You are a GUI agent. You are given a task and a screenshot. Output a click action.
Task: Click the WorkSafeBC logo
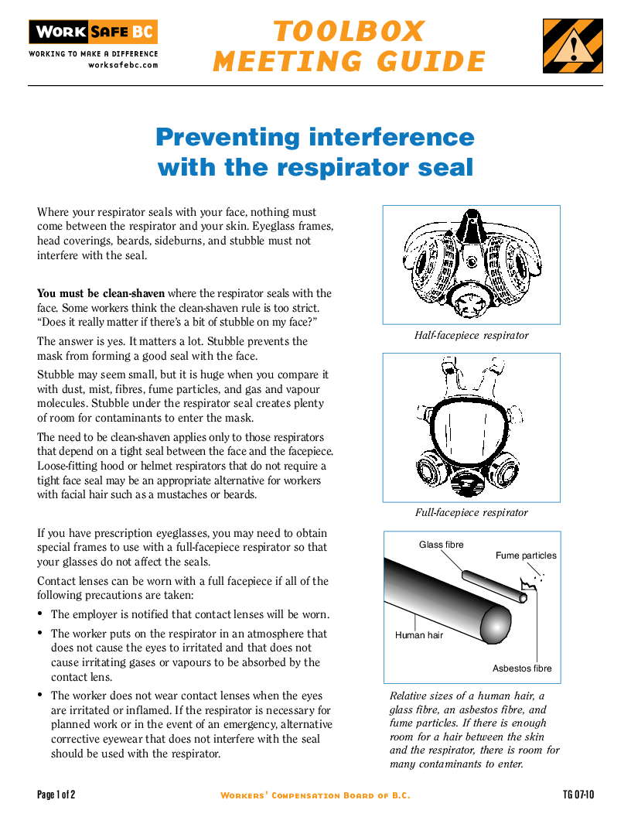[93, 32]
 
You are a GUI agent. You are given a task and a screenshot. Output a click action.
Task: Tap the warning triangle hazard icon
[572, 46]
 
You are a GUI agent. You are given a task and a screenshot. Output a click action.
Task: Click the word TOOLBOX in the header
[349, 32]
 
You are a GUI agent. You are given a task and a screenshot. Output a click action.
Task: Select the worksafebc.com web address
[123, 65]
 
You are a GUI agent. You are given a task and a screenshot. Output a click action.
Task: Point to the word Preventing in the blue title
[227, 137]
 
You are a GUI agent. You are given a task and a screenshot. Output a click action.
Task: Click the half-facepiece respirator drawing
[471, 261]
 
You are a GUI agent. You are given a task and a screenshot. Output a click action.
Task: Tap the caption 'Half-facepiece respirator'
[471, 336]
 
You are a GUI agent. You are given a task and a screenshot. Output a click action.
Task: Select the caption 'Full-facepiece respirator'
[471, 512]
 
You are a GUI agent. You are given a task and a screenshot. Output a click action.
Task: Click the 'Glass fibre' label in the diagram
[441, 545]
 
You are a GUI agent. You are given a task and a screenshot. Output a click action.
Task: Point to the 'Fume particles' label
[526, 555]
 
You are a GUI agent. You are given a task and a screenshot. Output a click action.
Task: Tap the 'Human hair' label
[419, 635]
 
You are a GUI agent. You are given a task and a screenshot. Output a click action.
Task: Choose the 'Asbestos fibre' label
[522, 668]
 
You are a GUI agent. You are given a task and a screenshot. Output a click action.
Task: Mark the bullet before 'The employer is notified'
[40, 615]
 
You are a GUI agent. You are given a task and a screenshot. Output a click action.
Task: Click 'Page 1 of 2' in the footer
[56, 795]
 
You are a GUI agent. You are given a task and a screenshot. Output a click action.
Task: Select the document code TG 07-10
[578, 795]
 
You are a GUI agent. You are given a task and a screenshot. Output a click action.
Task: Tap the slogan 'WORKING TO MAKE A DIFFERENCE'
[93, 54]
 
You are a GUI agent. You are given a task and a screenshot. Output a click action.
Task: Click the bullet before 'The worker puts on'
[40, 634]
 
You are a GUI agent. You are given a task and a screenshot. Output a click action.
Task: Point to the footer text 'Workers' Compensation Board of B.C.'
[315, 795]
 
